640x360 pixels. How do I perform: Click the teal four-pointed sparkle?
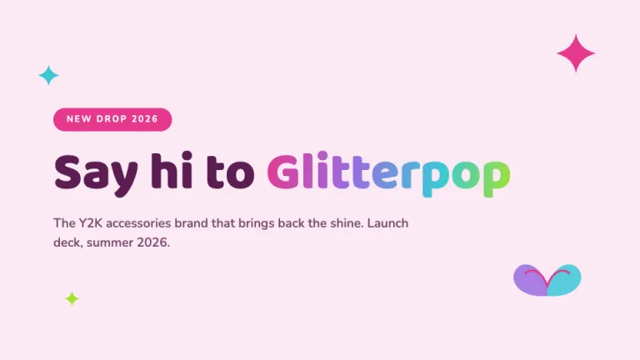click(x=48, y=76)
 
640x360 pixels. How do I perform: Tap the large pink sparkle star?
click(x=576, y=53)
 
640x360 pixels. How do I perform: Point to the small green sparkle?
click(x=72, y=299)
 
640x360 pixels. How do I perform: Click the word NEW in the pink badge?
click(x=79, y=119)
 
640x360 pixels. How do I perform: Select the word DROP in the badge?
click(x=112, y=119)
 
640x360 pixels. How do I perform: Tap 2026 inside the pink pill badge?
click(x=145, y=119)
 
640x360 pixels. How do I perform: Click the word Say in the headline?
click(x=96, y=173)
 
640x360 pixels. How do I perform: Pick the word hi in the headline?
click(x=172, y=170)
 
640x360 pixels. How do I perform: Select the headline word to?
click(x=230, y=172)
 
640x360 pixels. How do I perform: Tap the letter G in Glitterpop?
click(x=283, y=172)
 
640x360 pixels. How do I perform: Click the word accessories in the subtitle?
click(x=138, y=223)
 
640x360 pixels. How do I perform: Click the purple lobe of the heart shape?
click(x=530, y=280)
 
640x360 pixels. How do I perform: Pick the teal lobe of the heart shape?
click(x=564, y=280)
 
